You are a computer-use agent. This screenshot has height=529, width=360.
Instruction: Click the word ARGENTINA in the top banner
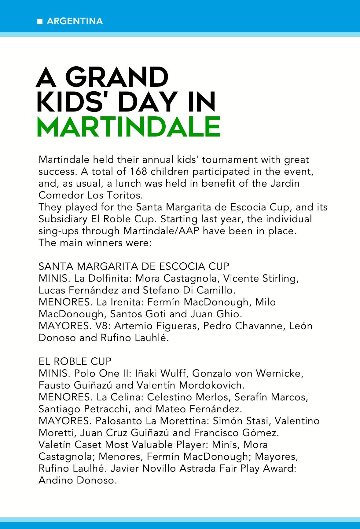pyautogui.click(x=75, y=21)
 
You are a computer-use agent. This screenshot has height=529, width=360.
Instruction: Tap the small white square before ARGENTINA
pyautogui.click(x=39, y=22)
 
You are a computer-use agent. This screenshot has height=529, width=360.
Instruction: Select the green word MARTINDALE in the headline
pyautogui.click(x=128, y=126)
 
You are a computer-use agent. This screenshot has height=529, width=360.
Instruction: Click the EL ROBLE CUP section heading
pyautogui.click(x=75, y=361)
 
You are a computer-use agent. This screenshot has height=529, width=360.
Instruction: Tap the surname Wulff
pyautogui.click(x=173, y=373)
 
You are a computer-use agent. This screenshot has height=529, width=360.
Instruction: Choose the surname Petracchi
pyautogui.click(x=106, y=409)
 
